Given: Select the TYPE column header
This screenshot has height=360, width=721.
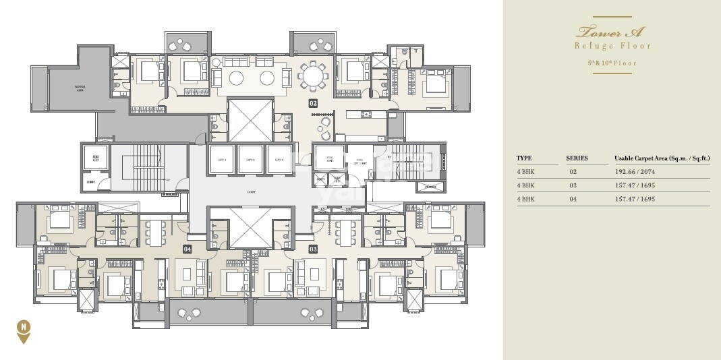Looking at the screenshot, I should click(524, 158).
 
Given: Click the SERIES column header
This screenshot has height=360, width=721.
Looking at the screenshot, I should click(577, 158).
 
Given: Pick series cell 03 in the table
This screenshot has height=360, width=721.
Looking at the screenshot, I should click(573, 185).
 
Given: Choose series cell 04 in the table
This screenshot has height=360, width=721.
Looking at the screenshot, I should click(573, 199).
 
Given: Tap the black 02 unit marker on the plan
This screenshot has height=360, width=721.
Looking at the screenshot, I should click(313, 103).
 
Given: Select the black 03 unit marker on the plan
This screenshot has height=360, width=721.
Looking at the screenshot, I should click(313, 249).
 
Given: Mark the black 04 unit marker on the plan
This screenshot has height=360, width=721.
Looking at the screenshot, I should click(188, 249).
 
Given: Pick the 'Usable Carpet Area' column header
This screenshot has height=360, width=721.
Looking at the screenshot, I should click(661, 158).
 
